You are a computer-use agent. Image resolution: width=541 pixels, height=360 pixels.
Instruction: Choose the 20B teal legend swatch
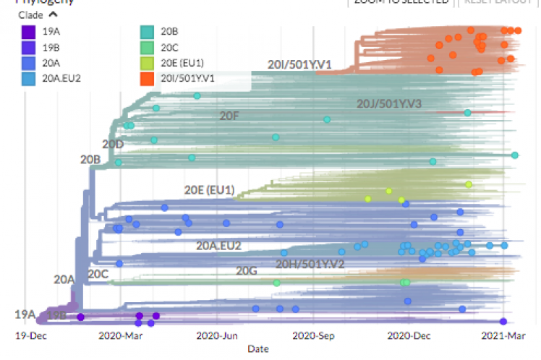[145, 32]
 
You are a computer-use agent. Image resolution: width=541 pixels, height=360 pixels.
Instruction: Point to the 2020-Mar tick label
[119, 335]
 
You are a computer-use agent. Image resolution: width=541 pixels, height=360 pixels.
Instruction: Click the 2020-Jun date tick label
[217, 335]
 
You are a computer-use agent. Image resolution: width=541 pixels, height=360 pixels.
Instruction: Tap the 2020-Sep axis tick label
[313, 335]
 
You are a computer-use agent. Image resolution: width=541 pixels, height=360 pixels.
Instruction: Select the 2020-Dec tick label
[409, 335]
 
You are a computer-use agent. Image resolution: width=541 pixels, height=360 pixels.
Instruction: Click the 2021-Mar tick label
[503, 335]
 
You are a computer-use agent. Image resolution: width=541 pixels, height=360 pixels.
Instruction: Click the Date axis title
[258, 348]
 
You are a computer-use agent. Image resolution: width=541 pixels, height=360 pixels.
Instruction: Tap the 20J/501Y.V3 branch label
[388, 104]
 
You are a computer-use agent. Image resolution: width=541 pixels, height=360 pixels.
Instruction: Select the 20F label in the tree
[229, 115]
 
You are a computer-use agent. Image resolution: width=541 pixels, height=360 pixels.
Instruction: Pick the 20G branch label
[247, 271]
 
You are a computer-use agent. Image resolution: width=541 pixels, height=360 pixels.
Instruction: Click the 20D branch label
[112, 144]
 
